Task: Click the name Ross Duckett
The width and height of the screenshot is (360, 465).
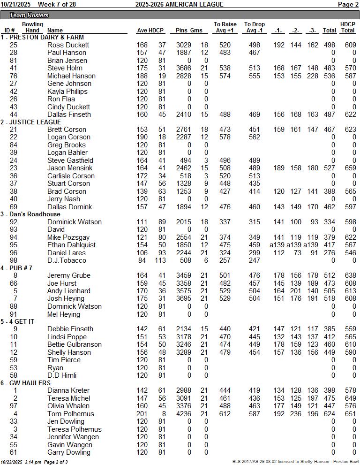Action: point(68,45)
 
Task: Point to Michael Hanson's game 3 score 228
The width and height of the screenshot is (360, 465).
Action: point(313,76)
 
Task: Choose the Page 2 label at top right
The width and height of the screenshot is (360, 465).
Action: point(348,4)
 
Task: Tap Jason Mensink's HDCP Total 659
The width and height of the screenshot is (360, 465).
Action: point(347,168)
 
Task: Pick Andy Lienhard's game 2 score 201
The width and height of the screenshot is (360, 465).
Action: point(295,291)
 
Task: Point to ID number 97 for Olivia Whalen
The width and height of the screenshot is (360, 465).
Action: point(13,406)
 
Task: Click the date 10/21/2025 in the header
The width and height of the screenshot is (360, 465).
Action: point(15,4)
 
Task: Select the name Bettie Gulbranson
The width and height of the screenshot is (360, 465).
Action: point(74,344)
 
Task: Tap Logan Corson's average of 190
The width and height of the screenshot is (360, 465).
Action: point(142,137)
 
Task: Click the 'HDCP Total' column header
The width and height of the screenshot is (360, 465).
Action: point(347,27)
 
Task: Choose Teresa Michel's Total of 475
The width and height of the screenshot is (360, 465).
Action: point(330,398)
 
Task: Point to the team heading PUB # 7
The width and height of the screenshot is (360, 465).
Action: point(19,268)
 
